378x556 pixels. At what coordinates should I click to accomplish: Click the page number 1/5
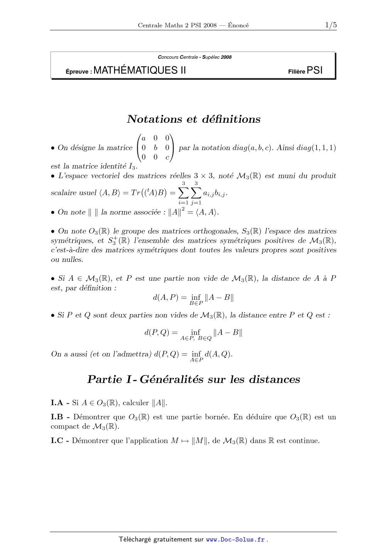[331, 25]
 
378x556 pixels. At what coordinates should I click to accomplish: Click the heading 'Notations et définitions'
[194, 119]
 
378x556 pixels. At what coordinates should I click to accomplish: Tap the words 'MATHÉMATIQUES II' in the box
[140, 70]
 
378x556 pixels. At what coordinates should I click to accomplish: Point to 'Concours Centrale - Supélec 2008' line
[195, 57]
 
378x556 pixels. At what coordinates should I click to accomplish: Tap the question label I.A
[57, 403]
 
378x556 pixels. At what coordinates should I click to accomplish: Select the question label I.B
[57, 417]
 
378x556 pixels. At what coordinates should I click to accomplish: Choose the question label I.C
[57, 441]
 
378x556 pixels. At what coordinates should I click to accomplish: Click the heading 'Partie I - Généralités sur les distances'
[194, 379]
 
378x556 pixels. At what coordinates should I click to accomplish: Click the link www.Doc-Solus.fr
[235, 540]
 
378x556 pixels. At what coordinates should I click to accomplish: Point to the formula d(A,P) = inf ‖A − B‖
[193, 298]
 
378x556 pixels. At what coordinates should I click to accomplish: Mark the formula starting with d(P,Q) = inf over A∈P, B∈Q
[193, 334]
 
